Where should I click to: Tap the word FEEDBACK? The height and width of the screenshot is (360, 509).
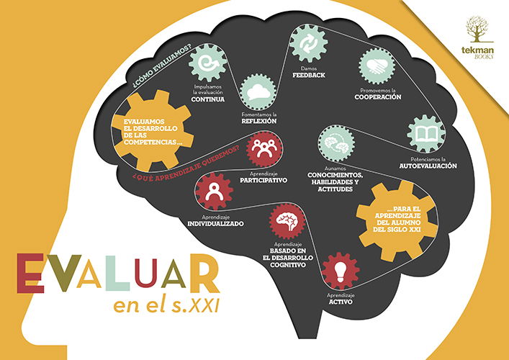click(308, 76)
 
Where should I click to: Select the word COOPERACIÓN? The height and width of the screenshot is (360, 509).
click(378, 97)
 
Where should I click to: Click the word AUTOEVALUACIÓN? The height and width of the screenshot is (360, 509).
click(428, 166)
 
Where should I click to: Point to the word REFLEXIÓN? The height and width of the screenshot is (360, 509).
click(258, 121)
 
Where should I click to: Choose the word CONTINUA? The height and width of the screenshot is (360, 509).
click(208, 99)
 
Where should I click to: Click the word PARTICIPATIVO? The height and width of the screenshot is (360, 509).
click(263, 181)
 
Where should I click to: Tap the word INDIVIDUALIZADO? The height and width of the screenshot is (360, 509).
click(215, 224)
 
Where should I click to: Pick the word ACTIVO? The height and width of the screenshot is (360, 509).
click(341, 302)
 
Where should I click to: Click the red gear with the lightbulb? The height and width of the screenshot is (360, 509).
click(341, 271)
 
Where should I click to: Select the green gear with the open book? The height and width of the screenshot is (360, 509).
click(426, 133)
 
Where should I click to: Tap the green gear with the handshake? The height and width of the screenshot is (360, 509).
click(377, 66)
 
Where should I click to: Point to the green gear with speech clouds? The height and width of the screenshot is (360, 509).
click(258, 92)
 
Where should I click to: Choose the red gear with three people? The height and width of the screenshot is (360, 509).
click(264, 149)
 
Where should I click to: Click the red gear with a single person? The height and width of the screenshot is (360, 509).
click(215, 192)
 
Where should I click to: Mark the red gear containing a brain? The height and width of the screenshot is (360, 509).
click(287, 221)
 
